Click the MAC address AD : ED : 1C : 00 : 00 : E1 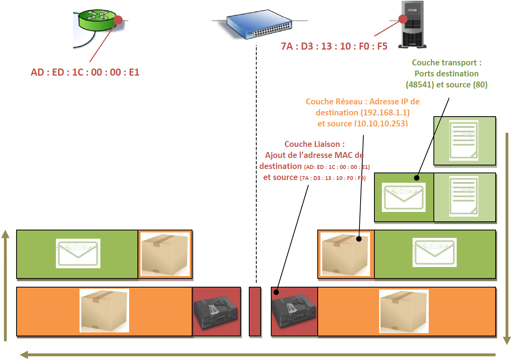(85, 72)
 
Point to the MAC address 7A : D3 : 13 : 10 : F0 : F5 (334, 46)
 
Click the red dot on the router (118, 20)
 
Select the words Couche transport (446, 63)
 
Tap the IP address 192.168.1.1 (382, 113)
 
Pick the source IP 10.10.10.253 (381, 123)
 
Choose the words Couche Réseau (331, 102)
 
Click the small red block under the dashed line (255, 312)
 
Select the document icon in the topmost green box (464, 141)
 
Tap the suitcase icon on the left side (216, 312)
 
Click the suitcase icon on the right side (294, 312)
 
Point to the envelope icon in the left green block (78, 254)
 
